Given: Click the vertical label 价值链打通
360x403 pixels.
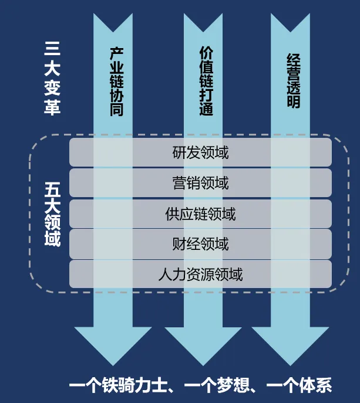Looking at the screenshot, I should (x=206, y=80).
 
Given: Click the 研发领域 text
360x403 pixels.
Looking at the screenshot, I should (x=200, y=153).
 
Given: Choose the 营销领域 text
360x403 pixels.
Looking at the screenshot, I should (x=200, y=184).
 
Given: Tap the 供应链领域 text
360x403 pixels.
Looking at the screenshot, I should (x=200, y=214).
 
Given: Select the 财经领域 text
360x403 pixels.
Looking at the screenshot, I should (x=200, y=244).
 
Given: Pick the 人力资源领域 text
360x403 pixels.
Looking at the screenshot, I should (x=200, y=274).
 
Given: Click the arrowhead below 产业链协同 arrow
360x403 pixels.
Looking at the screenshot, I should (x=113, y=343).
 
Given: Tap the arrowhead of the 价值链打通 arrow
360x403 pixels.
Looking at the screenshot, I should (x=203, y=343).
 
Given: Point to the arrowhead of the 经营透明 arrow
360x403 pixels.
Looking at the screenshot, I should (x=290, y=343).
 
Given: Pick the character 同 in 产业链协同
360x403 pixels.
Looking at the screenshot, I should (x=116, y=109).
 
